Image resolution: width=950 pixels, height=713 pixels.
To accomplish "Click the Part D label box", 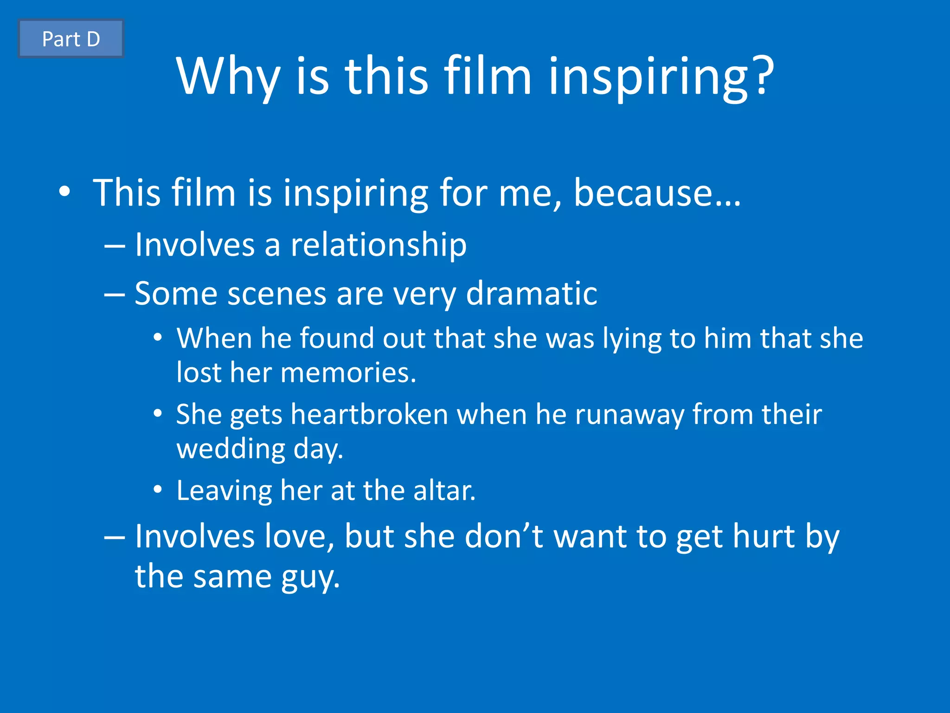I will coord(71,39).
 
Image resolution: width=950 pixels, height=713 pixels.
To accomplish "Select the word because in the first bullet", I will coord(657,193).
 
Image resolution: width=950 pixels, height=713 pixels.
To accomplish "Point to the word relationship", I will coord(379,245).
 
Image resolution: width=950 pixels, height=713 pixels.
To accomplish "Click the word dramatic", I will coord(531,293).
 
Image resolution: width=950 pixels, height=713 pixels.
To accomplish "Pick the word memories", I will coord(348,372).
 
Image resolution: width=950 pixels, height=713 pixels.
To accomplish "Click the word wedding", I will coord(231,449).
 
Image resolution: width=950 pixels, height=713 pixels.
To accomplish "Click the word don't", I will coord(504,536).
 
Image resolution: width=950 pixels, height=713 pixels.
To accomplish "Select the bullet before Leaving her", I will coord(158,489).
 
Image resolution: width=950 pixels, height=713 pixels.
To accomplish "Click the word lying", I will coord(631,338).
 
